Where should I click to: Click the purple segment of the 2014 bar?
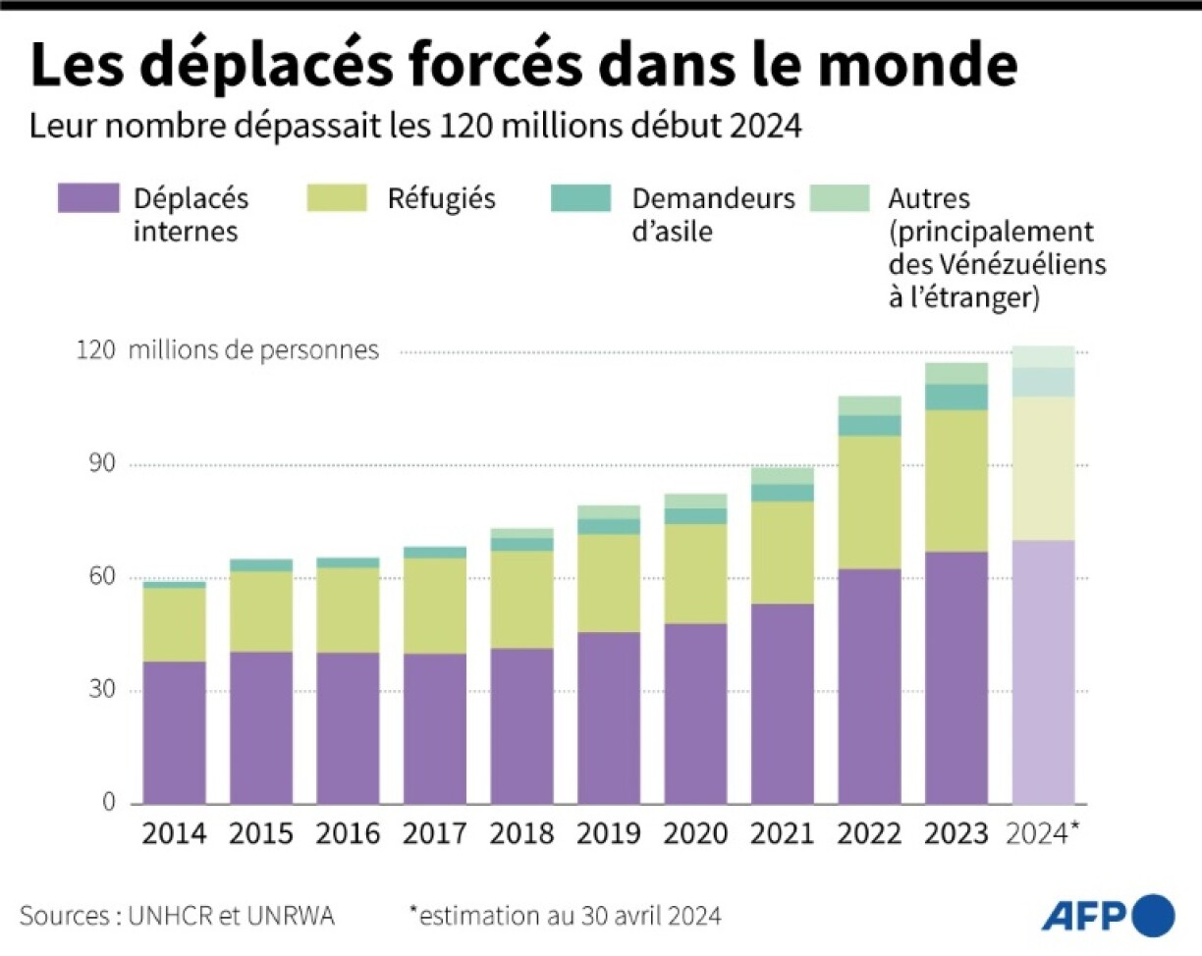pyautogui.click(x=174, y=732)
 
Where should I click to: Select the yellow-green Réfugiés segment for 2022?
pyautogui.click(x=869, y=502)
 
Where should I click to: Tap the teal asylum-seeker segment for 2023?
pyautogui.click(x=956, y=397)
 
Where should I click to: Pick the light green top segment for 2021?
pyautogui.click(x=783, y=475)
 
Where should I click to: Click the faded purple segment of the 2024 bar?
pyautogui.click(x=1043, y=671)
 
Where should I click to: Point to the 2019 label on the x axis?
pyautogui.click(x=609, y=834)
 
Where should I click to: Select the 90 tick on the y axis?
pyautogui.click(x=96, y=464)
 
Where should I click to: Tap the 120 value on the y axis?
pyautogui.click(x=94, y=351)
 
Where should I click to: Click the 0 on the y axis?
pyautogui.click(x=109, y=804)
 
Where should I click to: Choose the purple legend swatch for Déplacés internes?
pyautogui.click(x=88, y=198)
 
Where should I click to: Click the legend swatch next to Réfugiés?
pyautogui.click(x=337, y=198)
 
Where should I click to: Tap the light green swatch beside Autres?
pyautogui.click(x=840, y=198)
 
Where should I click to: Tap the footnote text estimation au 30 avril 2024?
pyautogui.click(x=569, y=917)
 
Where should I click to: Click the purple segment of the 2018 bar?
pyautogui.click(x=521, y=725)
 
